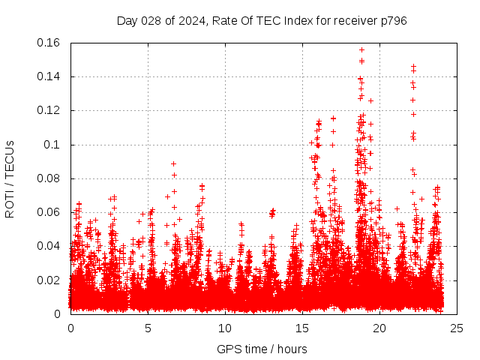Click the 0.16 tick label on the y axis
tap(49, 43)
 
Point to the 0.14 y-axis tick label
tap(49, 76)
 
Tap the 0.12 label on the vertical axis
tap(49, 110)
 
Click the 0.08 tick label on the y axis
tap(49, 178)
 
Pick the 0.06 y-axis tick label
tap(49, 212)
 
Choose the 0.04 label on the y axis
tap(49, 246)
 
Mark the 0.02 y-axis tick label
tap(49, 280)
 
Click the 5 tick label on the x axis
tap(148, 328)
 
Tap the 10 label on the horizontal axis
tap(225, 328)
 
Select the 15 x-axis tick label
tap(302, 328)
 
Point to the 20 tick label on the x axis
tap(379, 328)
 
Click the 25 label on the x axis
tap(457, 328)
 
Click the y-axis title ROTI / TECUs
tap(10, 178)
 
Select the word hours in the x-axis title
tap(291, 349)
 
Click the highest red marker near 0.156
tap(361, 50)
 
